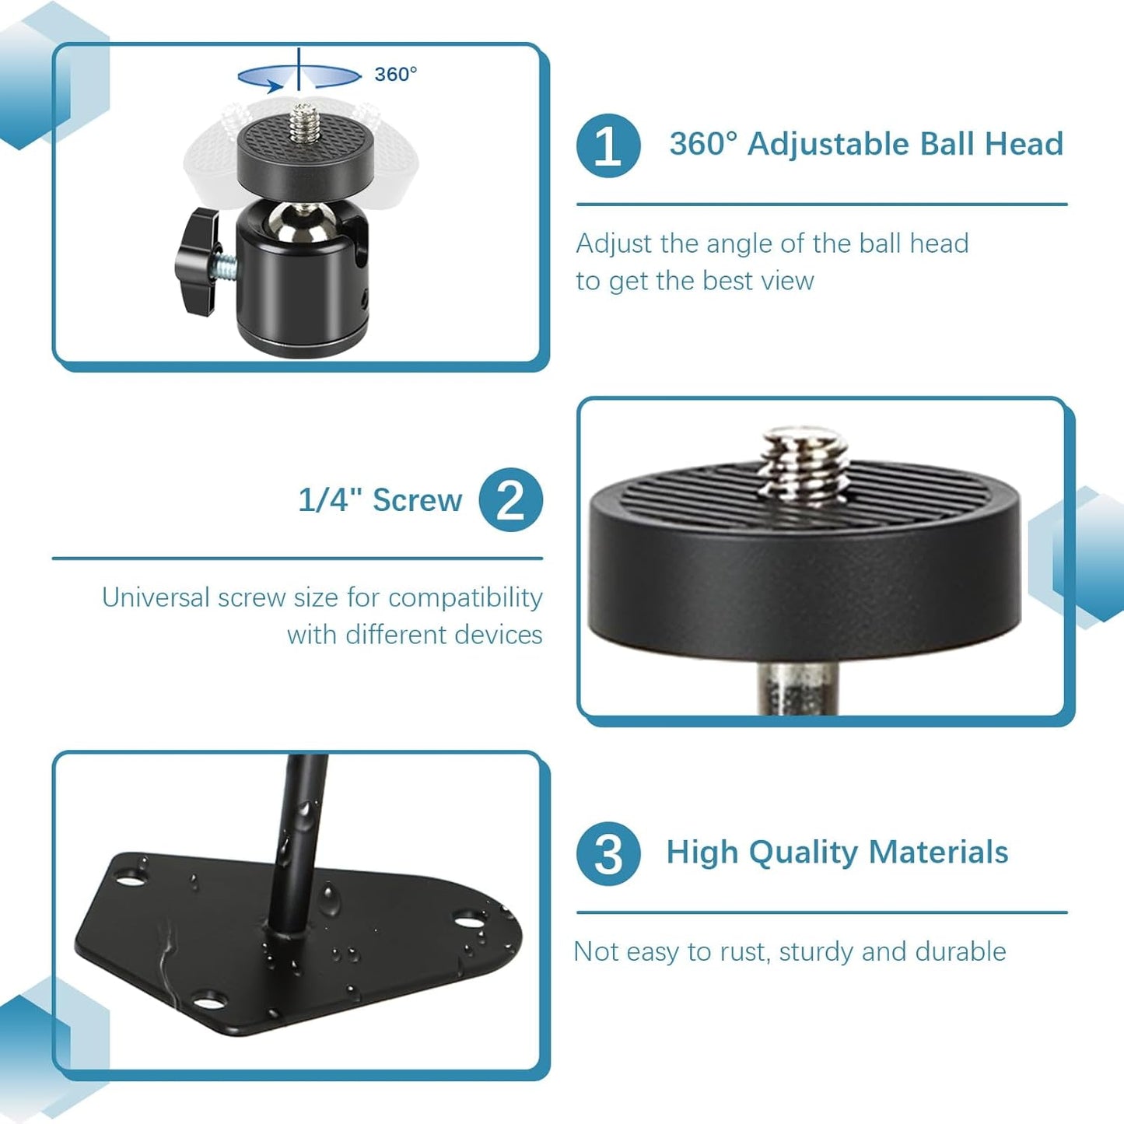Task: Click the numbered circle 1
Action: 608,145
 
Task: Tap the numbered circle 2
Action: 510,500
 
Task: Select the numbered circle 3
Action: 608,853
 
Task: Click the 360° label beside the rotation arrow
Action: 396,74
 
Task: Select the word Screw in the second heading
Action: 417,500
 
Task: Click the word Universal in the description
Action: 156,597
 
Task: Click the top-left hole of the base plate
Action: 130,871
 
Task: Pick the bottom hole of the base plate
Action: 207,1000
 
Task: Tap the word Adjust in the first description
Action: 615,243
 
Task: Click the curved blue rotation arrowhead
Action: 271,84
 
